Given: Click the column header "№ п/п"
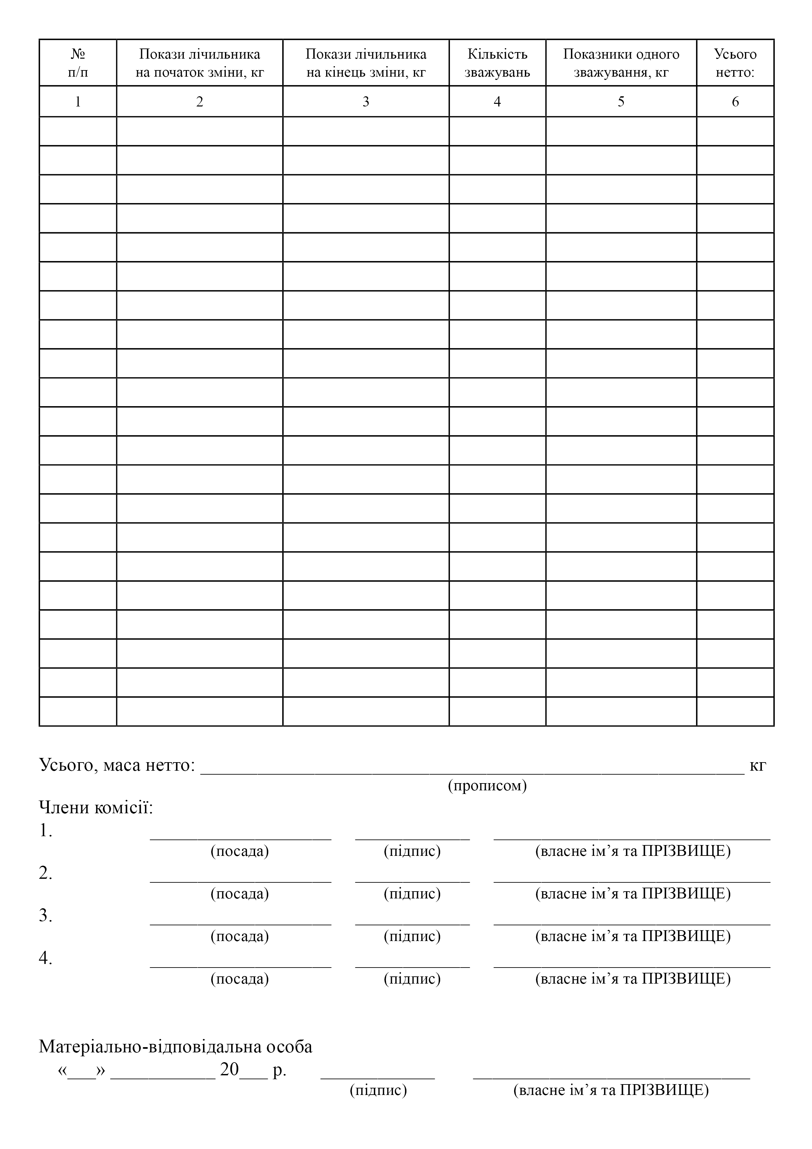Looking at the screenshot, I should [78, 63].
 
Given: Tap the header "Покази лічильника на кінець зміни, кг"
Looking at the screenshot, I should [366, 63].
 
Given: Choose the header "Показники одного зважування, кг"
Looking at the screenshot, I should [621, 63].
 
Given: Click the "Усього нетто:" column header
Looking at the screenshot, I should [735, 63].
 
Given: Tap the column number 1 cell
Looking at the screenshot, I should [78, 102].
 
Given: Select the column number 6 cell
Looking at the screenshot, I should [735, 102].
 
